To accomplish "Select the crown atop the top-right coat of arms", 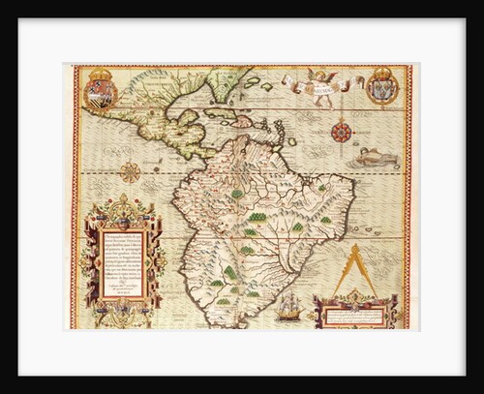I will pyautogui.click(x=382, y=71).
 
